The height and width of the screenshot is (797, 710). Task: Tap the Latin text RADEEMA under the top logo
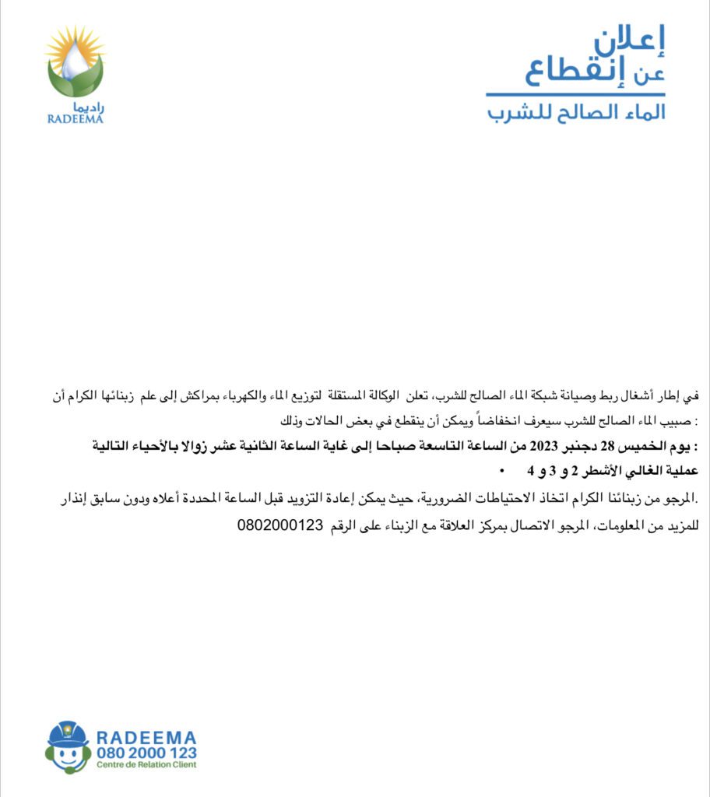75,120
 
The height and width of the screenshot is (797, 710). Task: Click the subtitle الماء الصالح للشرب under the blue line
576,111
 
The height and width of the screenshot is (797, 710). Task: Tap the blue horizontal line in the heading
575,95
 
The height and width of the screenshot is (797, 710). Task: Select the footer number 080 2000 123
146,753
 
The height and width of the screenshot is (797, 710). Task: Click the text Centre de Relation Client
146,765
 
